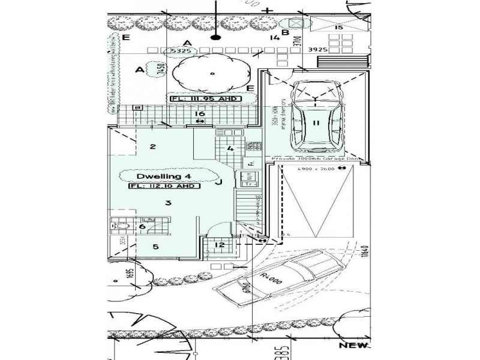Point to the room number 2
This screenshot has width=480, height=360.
coord(153,146)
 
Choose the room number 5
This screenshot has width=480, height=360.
coord(155,247)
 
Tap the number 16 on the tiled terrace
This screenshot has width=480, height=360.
coord(200,113)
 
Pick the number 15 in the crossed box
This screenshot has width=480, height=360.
coord(338,28)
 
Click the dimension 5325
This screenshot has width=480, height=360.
coord(181,52)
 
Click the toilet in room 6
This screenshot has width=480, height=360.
coord(122,226)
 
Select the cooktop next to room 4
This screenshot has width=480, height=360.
coord(253,146)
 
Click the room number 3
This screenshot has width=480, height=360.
coord(169,203)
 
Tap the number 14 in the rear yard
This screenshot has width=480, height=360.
coord(275,38)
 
